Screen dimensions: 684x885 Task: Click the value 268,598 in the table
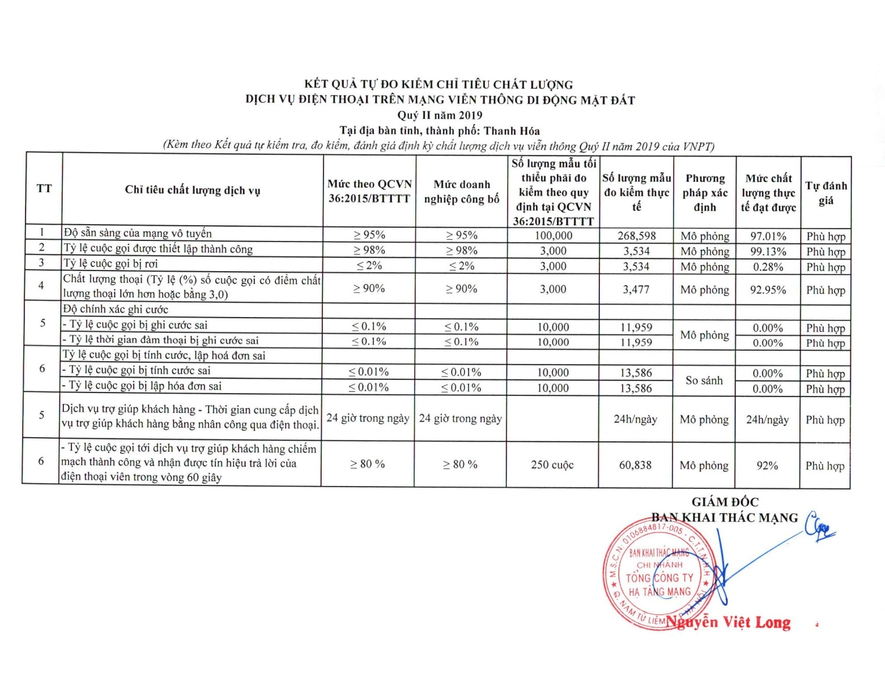pos(636,236)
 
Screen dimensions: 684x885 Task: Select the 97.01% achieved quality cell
pos(768,236)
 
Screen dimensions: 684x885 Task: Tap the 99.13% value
pos(768,251)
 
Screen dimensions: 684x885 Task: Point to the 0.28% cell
pos(768,267)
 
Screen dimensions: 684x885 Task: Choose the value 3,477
pos(636,289)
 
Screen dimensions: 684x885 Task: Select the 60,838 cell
pos(635,465)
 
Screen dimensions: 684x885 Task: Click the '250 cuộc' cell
pos(552,465)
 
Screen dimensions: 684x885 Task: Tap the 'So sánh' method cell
pos(704,381)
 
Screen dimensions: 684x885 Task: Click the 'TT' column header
pos(44,189)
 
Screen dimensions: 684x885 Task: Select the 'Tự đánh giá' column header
pos(826,193)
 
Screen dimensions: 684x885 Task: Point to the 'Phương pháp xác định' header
pos(705,193)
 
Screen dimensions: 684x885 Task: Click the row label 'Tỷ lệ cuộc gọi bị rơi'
pos(110,264)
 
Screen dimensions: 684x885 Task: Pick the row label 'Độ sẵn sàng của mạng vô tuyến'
pos(138,233)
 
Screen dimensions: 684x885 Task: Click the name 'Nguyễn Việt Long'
pos(729,622)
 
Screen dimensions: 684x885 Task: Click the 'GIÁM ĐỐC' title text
pos(725,502)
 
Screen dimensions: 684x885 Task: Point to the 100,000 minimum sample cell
pos(553,236)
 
